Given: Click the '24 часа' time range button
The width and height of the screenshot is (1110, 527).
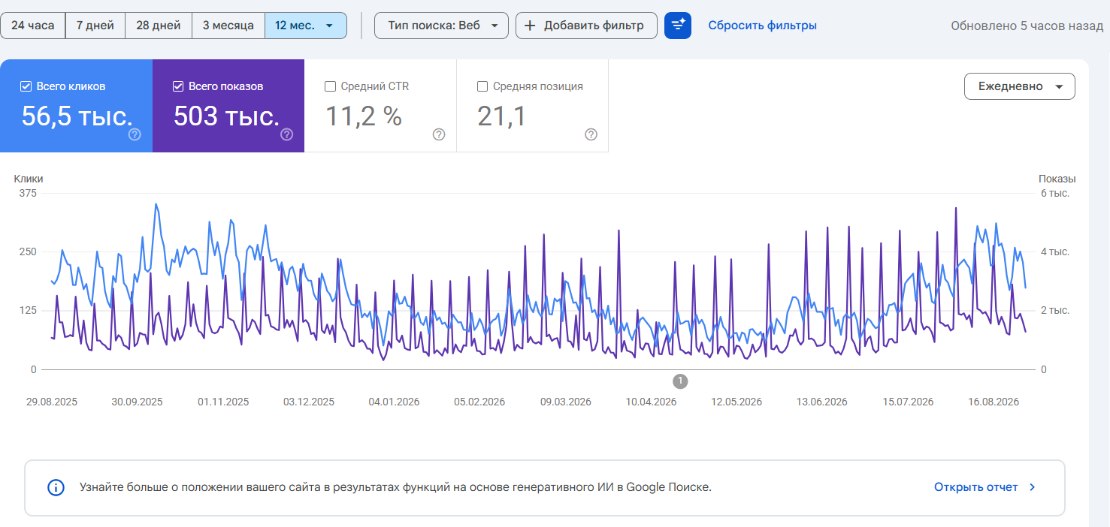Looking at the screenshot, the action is coord(33,26).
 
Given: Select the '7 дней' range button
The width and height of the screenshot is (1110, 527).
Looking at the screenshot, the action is coord(95,26).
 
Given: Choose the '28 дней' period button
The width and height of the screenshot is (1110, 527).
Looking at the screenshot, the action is coord(159,26).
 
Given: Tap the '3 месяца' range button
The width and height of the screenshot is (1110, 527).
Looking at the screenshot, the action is coord(228,26).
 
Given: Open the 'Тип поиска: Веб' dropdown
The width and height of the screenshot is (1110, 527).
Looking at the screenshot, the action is coord(442,26).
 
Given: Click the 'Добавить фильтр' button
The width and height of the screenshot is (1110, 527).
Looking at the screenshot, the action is coord(586,26).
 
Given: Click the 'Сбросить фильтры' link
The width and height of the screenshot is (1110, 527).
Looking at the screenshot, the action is coord(762,26).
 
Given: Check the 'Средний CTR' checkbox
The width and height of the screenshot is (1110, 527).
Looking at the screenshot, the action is coord(330,86).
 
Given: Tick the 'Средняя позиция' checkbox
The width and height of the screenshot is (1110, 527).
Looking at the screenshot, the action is coord(482,86).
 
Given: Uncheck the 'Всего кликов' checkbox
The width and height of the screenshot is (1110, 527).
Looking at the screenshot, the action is coord(26,86).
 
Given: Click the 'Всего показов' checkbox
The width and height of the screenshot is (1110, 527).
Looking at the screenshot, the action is coord(178,86).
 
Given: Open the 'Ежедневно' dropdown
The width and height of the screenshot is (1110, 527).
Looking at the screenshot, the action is coord(1019,86).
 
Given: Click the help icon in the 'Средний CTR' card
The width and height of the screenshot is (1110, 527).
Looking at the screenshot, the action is coord(439,134).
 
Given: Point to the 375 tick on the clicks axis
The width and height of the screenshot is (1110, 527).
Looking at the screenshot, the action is coord(28,193).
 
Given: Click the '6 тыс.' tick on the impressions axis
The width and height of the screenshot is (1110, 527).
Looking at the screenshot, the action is coord(1055,193).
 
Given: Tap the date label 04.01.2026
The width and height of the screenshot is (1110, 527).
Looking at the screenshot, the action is coord(394,402).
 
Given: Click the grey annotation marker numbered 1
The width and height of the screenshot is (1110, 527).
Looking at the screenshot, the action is coord(680,381).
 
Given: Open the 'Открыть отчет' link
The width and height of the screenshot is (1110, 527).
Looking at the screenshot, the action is coord(984,487).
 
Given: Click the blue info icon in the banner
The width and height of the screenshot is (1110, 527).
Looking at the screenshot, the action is coord(56,487).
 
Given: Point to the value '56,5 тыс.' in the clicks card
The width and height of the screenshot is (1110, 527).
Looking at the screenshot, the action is coord(77,116).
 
